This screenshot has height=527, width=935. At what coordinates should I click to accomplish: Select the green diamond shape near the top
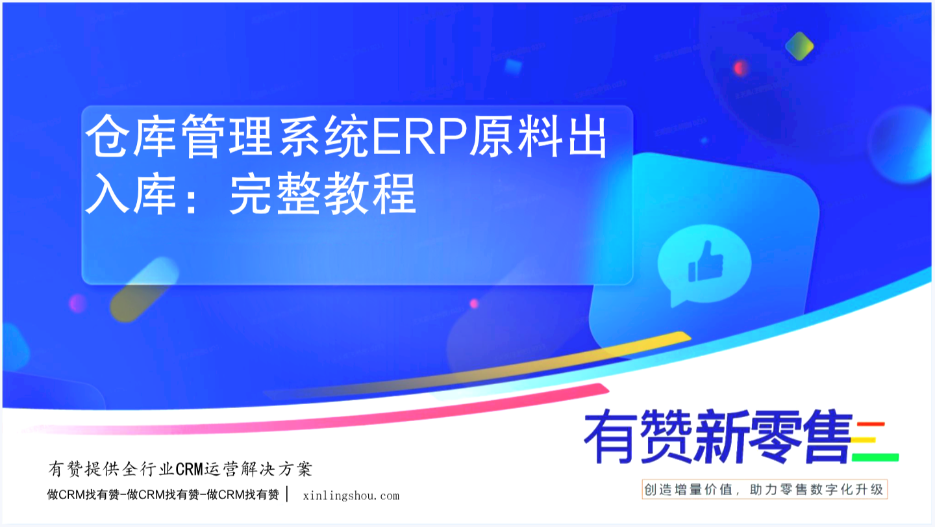pos(799,46)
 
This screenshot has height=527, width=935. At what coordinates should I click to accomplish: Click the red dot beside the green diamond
pos(740,68)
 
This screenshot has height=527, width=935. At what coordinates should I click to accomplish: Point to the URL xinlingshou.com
pos(351,496)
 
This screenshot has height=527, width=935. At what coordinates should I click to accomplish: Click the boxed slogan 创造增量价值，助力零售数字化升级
pos(764,489)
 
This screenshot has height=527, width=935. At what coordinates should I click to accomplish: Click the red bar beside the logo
pos(870,424)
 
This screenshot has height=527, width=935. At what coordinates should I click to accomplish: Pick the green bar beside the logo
pos(875,457)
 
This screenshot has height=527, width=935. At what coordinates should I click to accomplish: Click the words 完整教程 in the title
pos(323,194)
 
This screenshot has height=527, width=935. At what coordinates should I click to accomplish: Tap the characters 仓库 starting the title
pos(131,136)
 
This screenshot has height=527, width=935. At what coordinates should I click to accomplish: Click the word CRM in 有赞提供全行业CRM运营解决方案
pos(189,469)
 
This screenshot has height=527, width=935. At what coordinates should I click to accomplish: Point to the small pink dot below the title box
pos(474,303)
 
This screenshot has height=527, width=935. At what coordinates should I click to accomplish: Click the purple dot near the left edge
pos(78,303)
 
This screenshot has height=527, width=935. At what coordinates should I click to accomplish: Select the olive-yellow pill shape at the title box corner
pos(144,289)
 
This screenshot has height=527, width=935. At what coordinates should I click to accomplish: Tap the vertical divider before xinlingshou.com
pos(287,494)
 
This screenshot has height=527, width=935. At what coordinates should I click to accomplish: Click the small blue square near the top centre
pos(513,66)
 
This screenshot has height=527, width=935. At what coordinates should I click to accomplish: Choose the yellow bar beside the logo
pos(863,440)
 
